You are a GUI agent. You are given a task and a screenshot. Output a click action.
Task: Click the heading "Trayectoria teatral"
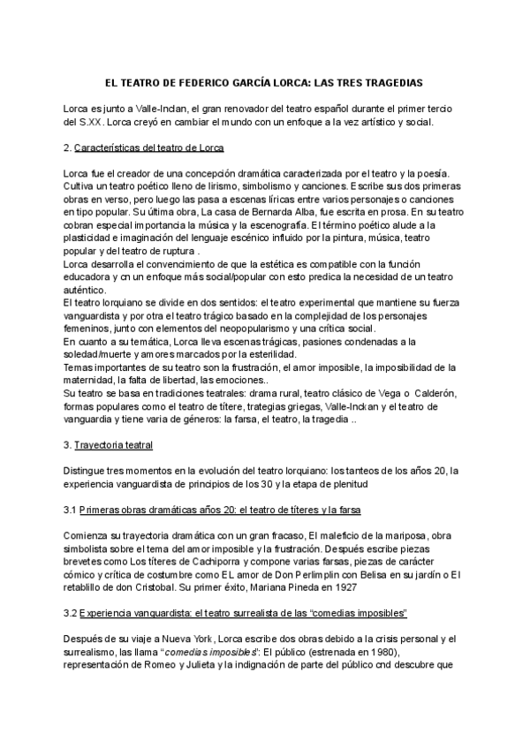(x=114, y=444)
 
